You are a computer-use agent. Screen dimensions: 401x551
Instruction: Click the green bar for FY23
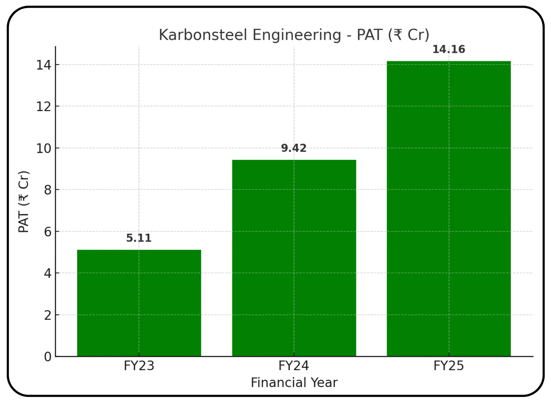pyautogui.click(x=139, y=303)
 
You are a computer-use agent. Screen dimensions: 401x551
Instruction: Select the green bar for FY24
pyautogui.click(x=294, y=258)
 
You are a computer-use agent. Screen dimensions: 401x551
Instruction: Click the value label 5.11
pyautogui.click(x=139, y=238)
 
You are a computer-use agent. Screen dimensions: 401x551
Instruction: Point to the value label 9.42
pyautogui.click(x=294, y=148)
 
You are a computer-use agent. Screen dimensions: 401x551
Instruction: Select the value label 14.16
pyautogui.click(x=449, y=49)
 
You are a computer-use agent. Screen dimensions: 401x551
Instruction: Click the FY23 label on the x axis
pyautogui.click(x=139, y=366)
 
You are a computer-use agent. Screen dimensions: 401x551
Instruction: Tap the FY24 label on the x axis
pyautogui.click(x=294, y=366)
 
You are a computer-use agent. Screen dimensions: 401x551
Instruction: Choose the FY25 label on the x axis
pyautogui.click(x=449, y=366)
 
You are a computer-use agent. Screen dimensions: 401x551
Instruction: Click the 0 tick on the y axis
pyautogui.click(x=48, y=357)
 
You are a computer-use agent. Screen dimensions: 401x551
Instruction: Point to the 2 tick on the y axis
pyautogui.click(x=48, y=315)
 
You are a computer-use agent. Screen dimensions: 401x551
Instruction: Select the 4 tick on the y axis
pyautogui.click(x=48, y=273)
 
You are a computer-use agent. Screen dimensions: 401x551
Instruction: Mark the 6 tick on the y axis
pyautogui.click(x=48, y=232)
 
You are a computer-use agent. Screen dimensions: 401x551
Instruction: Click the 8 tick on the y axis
pyautogui.click(x=48, y=190)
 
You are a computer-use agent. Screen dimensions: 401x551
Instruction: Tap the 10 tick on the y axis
pyautogui.click(x=44, y=148)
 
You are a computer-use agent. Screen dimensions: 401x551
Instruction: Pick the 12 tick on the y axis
pyautogui.click(x=44, y=106)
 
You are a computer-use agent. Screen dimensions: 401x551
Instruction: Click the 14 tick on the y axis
pyautogui.click(x=44, y=65)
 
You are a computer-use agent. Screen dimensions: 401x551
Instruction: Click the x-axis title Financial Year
pyautogui.click(x=294, y=383)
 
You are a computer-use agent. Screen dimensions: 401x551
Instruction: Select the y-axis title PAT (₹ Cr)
pyautogui.click(x=24, y=202)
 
